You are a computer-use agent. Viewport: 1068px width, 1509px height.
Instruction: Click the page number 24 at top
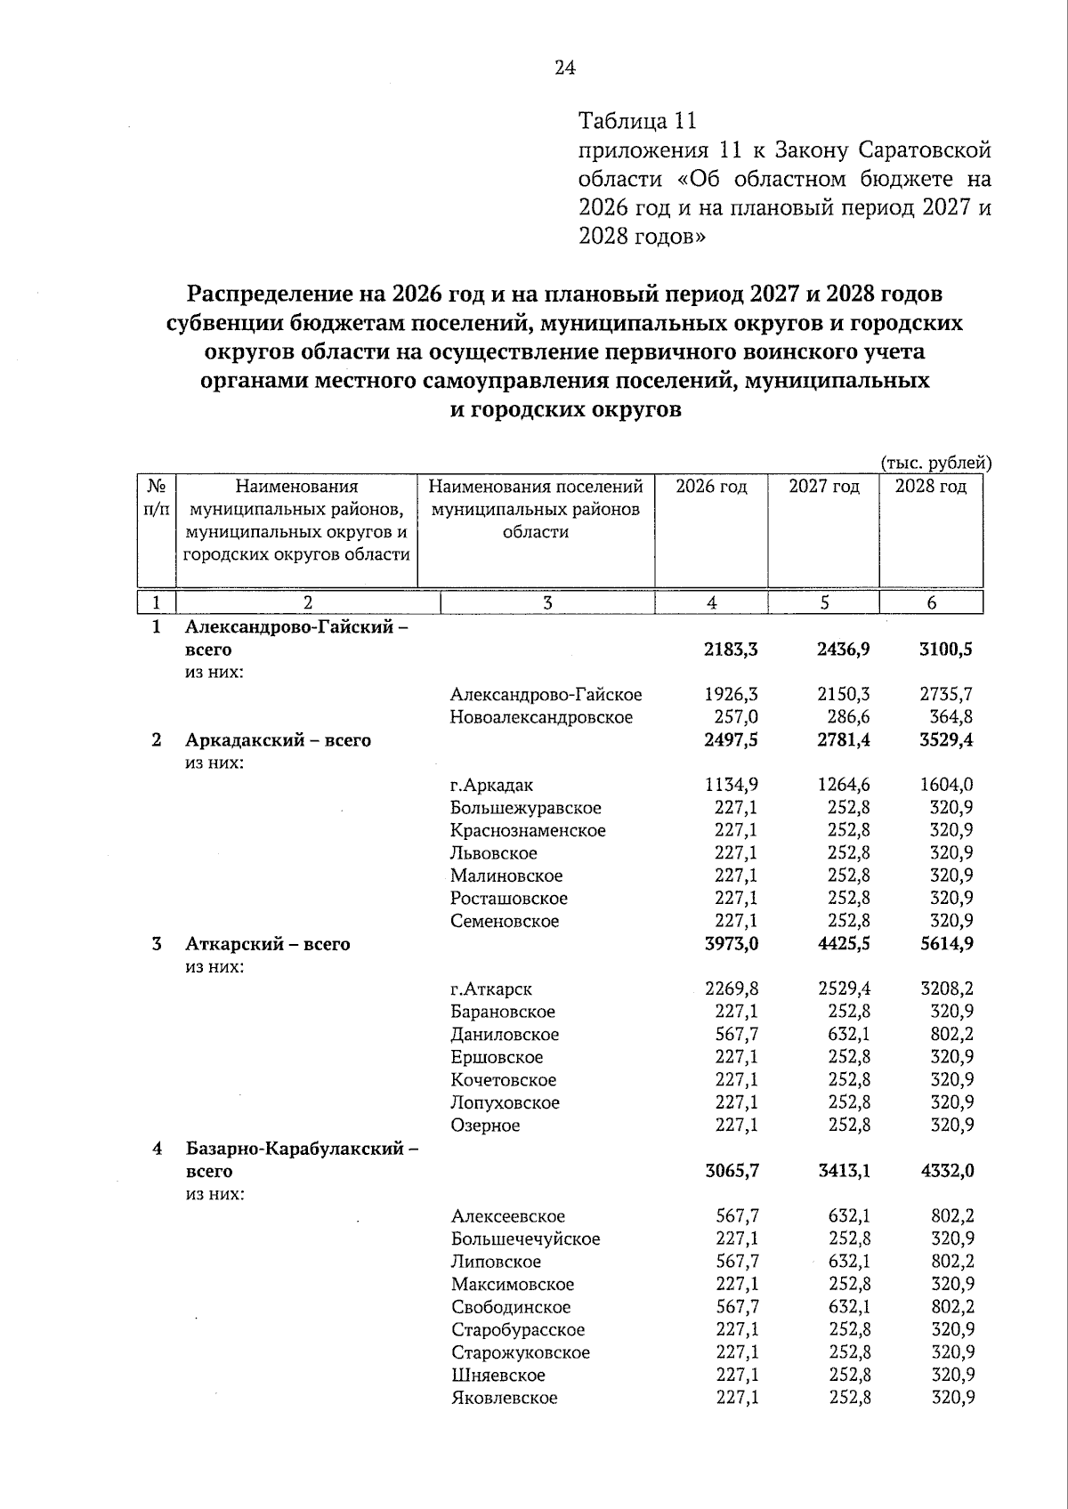tap(565, 69)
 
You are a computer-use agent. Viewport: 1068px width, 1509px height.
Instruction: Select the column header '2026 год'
tap(711, 487)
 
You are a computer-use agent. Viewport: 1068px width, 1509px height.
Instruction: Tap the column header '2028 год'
tap(930, 487)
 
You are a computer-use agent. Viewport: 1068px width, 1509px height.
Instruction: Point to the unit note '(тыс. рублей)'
tap(935, 463)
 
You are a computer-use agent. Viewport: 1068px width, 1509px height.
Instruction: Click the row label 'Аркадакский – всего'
tap(278, 740)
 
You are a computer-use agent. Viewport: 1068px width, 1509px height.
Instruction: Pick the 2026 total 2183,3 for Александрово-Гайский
tap(731, 649)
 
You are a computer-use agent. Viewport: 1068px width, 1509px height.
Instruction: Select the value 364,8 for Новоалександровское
tap(951, 717)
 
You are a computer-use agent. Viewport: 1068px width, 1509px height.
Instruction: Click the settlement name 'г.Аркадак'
tap(491, 785)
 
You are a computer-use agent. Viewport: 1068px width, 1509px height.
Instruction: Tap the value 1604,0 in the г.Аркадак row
tap(947, 785)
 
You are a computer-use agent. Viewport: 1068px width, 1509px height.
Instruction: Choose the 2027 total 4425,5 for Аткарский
tap(843, 944)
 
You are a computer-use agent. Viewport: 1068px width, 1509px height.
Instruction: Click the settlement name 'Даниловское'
tap(505, 1035)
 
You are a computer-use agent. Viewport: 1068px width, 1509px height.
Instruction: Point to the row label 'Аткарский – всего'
tap(267, 944)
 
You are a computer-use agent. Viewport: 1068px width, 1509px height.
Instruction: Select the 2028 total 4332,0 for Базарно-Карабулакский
tap(947, 1172)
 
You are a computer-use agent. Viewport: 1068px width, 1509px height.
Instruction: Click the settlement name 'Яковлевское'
tap(504, 1398)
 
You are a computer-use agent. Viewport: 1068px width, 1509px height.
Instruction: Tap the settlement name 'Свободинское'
tap(511, 1307)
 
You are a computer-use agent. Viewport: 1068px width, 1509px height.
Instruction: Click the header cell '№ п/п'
tap(156, 498)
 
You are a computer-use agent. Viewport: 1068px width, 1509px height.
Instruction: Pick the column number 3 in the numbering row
tap(547, 603)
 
